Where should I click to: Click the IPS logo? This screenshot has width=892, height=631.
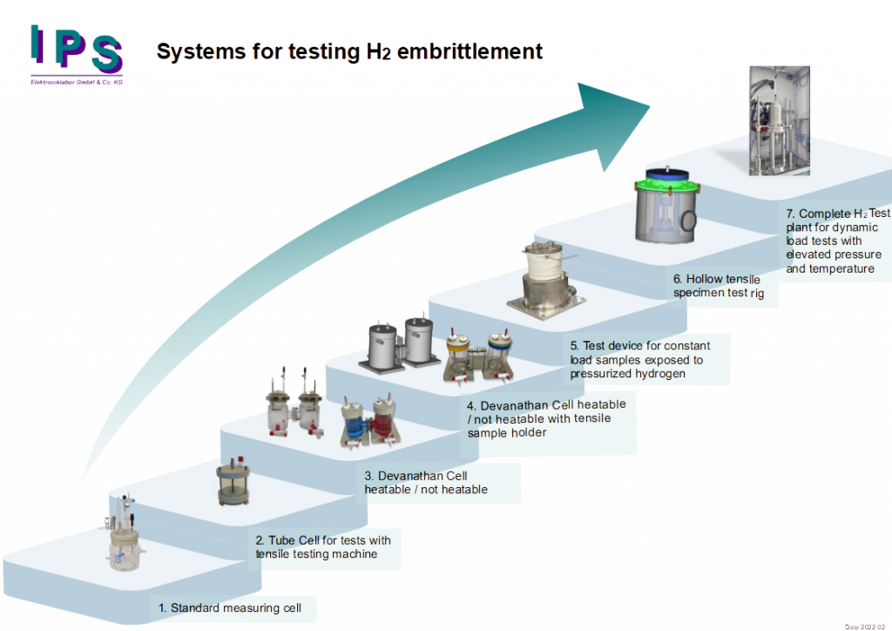[x=77, y=52]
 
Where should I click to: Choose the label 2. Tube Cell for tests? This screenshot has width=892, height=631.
[x=323, y=547]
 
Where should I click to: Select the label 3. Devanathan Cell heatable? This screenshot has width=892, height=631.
[x=425, y=482]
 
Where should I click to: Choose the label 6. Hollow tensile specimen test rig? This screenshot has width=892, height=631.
[x=719, y=286]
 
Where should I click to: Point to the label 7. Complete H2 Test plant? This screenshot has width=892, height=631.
[x=837, y=241]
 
